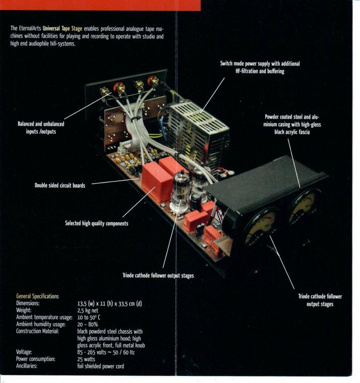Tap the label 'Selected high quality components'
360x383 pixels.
tap(96, 223)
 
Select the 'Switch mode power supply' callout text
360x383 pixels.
tap(260, 68)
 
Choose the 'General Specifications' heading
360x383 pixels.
tap(37, 296)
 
